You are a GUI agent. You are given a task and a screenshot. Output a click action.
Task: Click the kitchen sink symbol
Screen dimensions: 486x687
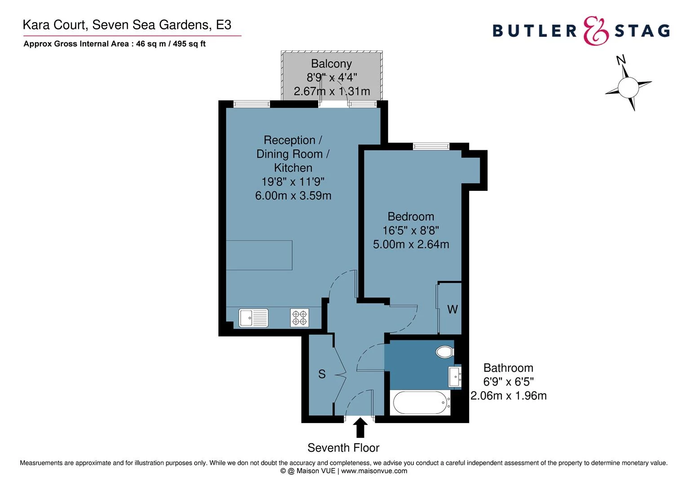(253, 318)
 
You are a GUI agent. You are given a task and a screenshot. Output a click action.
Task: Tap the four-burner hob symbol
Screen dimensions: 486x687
(300, 318)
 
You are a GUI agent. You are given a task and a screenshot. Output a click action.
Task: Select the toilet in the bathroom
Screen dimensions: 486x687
(445, 351)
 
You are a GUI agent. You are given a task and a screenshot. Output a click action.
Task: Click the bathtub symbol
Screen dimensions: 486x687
(420, 402)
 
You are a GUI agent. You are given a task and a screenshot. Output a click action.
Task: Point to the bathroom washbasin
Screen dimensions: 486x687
(455, 376)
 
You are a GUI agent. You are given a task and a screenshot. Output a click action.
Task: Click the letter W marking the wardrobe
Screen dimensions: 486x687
(452, 310)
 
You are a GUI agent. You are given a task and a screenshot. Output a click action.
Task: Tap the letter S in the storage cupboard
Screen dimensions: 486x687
(322, 374)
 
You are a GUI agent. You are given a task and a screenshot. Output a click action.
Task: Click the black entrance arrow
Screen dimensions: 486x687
(360, 427)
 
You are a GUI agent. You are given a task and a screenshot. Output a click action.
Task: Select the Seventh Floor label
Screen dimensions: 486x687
(343, 448)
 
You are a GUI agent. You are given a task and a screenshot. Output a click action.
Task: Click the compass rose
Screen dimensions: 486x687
(628, 86)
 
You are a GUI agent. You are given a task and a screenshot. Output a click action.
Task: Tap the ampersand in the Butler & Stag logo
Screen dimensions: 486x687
(596, 31)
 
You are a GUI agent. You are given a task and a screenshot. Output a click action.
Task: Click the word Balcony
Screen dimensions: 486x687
(331, 64)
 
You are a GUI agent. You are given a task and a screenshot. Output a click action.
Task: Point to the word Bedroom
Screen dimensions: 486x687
(411, 216)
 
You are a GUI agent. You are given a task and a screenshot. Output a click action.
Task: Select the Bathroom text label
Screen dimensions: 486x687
(508, 368)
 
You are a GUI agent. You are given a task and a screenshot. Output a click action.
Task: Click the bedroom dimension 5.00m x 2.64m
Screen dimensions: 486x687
(411, 244)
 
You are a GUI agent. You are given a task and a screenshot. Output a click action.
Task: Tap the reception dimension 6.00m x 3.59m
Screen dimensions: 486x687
(293, 196)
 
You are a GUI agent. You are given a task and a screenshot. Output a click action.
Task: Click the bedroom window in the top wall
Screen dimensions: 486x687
(431, 146)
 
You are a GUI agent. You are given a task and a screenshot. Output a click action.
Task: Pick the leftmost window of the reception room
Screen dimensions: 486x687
(252, 104)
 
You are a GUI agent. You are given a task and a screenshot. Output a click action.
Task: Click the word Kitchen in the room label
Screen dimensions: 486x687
(293, 168)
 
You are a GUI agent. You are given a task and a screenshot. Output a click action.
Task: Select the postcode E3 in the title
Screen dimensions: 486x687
(224, 25)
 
